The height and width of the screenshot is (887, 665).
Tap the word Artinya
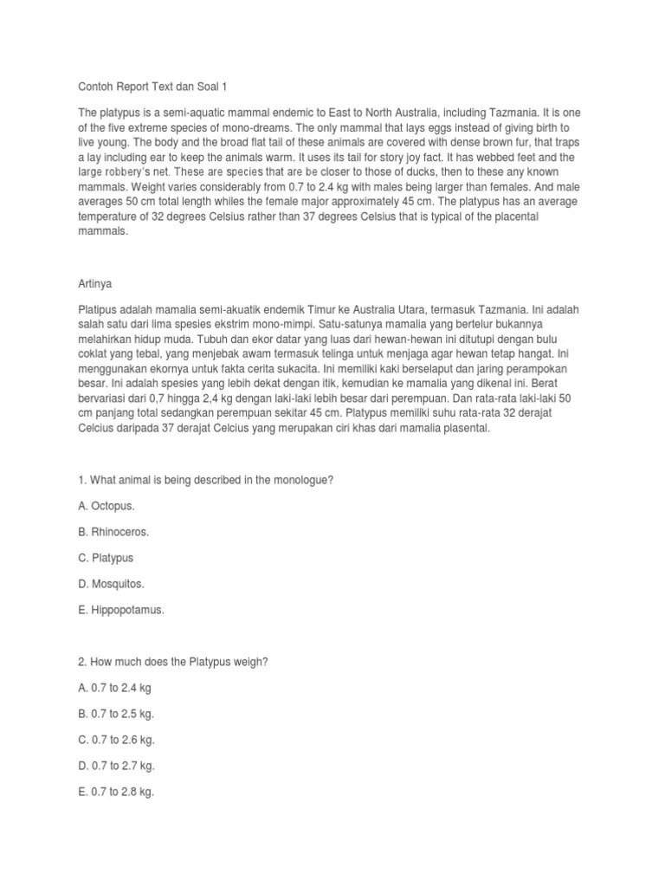tap(96, 282)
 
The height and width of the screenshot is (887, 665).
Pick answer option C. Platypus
tap(107, 558)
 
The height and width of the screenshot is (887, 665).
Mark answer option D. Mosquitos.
tap(112, 584)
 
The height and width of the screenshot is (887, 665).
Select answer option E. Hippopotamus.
tap(121, 610)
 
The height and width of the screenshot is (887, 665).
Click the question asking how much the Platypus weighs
tap(173, 662)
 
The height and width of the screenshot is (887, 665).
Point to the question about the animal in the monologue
tap(206, 479)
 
